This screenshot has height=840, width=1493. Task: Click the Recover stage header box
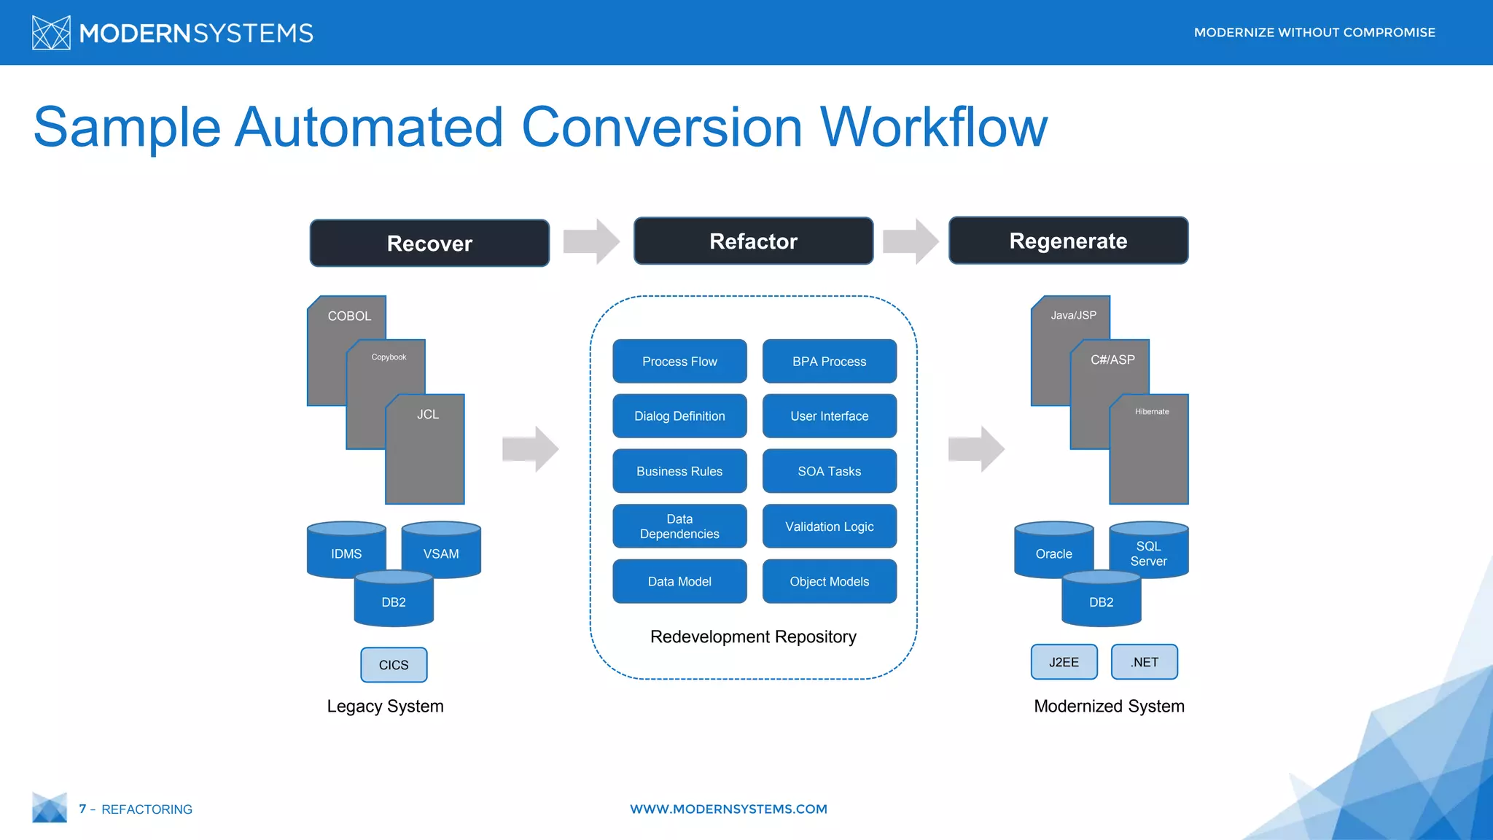coord(429,243)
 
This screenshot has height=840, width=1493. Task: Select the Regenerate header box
coord(1068,241)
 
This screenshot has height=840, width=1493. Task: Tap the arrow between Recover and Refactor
coord(591,241)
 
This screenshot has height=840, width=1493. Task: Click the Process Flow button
coord(679,361)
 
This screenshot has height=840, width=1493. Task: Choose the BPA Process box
coord(829,361)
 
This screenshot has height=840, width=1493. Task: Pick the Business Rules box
coord(679,471)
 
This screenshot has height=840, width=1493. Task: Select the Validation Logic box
coord(829,526)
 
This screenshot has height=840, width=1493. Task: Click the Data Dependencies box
coord(679,526)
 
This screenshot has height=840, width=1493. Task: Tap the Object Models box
coord(829,581)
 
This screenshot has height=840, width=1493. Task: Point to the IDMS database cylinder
coord(346,552)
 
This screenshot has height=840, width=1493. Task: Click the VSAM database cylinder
coord(441,552)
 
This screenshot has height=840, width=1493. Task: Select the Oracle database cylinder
coord(1053,552)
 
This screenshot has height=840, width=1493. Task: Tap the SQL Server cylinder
coord(1148,552)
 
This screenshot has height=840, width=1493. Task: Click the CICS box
coord(394,664)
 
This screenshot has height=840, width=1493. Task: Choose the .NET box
coord(1144,662)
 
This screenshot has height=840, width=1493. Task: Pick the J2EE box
coord(1064,662)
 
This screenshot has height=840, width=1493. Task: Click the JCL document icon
coord(425,452)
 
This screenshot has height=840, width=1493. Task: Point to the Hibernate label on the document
coord(1151,412)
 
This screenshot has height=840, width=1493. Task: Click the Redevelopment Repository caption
coord(753,637)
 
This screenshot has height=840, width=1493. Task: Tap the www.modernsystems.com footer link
coord(728,809)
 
